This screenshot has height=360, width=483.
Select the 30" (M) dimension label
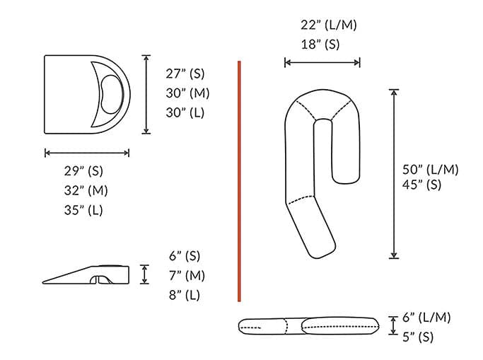(x=187, y=93)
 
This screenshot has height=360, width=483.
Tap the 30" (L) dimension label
(x=185, y=112)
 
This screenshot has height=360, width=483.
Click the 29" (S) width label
(x=86, y=171)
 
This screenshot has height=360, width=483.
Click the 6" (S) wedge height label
(x=185, y=256)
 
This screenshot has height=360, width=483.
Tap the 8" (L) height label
(x=184, y=295)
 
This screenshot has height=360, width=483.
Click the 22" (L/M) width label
(x=329, y=25)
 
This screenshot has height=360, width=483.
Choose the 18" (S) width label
(x=320, y=44)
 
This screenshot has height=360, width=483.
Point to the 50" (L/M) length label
(x=431, y=169)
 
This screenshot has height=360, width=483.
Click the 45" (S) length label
(x=422, y=185)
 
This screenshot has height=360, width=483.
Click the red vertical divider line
(x=239, y=181)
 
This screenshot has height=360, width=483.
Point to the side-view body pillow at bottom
(x=308, y=325)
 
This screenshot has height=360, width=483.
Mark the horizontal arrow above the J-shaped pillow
(x=322, y=62)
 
